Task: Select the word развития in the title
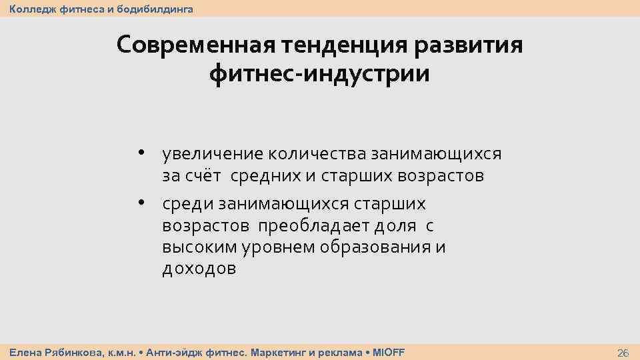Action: click(x=469, y=46)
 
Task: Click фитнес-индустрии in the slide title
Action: click(x=319, y=74)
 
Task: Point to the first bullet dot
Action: click(x=142, y=152)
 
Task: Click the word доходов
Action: click(x=199, y=269)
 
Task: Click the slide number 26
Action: click(x=623, y=353)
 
